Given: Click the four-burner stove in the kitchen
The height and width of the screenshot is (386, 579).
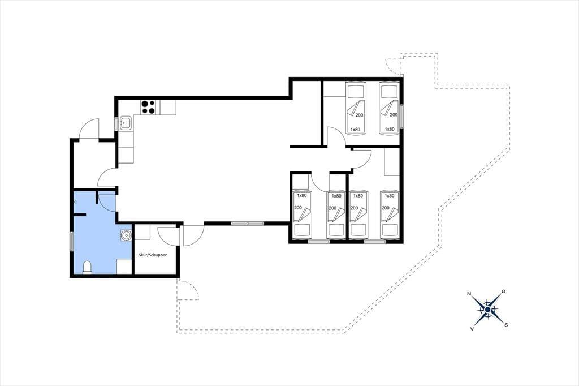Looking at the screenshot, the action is [x=149, y=107].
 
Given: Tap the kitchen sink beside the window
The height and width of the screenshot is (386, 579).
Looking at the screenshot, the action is [x=126, y=123].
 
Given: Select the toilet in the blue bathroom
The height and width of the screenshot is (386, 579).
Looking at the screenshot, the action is [x=87, y=267].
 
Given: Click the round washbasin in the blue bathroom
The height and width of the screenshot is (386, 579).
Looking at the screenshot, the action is [x=126, y=234].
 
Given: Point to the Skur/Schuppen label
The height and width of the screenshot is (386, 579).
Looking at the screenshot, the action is [x=153, y=255].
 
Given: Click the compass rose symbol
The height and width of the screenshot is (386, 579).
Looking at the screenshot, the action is [x=488, y=309].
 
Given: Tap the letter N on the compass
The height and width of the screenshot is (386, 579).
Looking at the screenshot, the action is [x=469, y=294].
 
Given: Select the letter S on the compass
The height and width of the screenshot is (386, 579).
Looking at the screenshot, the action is [x=506, y=325].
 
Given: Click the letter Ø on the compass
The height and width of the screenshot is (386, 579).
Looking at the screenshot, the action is [x=503, y=292].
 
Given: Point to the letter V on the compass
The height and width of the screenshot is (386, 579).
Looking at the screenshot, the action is [x=472, y=328].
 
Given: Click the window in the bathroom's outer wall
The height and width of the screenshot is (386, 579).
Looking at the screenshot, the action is [x=72, y=242].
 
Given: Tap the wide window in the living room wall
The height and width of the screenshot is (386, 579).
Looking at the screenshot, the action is [x=248, y=223].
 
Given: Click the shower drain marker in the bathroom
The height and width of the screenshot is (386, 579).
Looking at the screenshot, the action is [x=75, y=202].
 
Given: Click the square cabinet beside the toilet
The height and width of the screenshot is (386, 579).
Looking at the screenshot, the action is [x=124, y=266].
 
